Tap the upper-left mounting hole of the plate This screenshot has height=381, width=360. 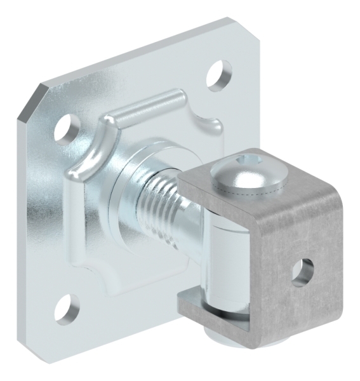tap(63, 129)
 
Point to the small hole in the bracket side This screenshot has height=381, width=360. tap(302, 271)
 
